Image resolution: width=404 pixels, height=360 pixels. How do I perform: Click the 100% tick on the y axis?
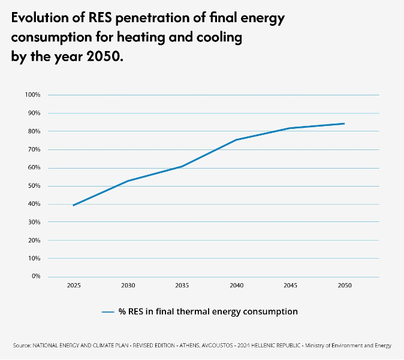[32, 95]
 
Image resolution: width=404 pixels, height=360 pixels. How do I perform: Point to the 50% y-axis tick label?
[34, 186]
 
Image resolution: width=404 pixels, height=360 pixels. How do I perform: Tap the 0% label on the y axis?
[36, 277]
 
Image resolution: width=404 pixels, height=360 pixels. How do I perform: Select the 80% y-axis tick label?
[34, 131]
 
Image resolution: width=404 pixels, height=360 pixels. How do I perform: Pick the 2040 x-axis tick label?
[236, 286]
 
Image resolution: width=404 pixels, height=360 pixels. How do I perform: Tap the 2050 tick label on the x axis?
[344, 286]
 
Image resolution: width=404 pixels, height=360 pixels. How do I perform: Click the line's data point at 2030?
[128, 181]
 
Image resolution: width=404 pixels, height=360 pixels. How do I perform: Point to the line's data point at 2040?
[236, 140]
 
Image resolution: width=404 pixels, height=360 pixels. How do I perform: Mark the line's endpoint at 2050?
[344, 124]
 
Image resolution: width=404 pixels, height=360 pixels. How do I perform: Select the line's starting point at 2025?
[73, 205]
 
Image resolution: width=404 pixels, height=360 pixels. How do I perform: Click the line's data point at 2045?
[290, 128]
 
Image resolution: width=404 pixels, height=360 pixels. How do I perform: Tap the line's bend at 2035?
[182, 166]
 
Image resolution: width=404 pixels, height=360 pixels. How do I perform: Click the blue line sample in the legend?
[108, 312]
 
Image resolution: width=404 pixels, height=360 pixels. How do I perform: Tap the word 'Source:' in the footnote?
[22, 346]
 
